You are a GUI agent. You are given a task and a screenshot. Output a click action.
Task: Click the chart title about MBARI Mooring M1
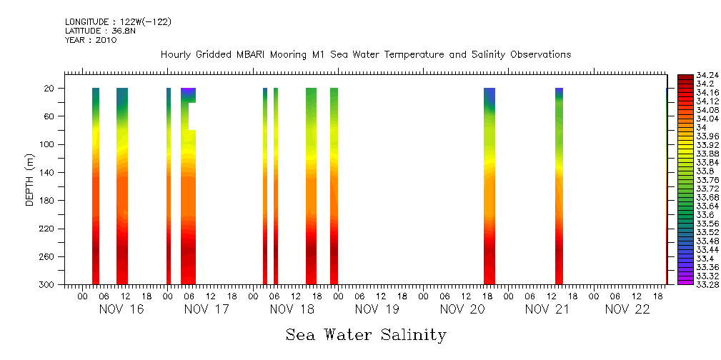365,55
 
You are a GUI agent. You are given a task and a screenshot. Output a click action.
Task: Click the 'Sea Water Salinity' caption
366,335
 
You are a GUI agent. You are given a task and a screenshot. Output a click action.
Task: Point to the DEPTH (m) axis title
30,179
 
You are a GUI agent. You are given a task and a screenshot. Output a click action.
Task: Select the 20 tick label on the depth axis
50,89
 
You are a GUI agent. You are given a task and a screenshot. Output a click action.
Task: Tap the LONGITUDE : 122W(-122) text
118,22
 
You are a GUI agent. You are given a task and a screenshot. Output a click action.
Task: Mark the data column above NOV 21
559,186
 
